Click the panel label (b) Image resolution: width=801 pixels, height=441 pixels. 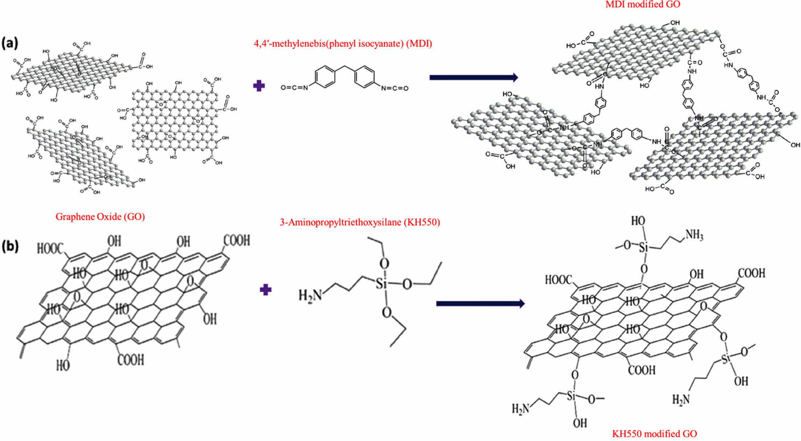(x=10, y=246)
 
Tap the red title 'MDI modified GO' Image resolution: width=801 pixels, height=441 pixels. (x=643, y=4)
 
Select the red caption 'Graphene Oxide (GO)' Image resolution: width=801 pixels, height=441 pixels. (x=100, y=217)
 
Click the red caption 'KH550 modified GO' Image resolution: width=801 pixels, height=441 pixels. (x=654, y=434)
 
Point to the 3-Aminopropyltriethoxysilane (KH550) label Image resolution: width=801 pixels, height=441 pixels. (x=360, y=222)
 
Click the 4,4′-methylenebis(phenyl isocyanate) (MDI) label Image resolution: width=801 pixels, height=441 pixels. (x=343, y=44)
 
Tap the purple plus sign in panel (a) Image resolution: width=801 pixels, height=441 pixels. (x=259, y=86)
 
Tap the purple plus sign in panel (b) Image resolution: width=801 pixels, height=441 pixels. (x=266, y=290)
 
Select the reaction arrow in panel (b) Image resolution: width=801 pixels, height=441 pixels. (x=480, y=303)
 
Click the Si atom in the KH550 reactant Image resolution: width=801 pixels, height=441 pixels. (x=381, y=283)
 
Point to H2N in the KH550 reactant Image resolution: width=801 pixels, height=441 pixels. (x=310, y=295)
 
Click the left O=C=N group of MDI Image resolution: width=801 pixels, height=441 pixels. (x=294, y=88)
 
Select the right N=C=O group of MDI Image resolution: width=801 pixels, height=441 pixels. (x=395, y=88)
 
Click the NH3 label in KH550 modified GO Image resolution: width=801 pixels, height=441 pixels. (x=694, y=235)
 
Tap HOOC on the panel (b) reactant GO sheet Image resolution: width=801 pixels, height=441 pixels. (x=50, y=248)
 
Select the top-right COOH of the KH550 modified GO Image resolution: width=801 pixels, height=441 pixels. (x=751, y=273)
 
